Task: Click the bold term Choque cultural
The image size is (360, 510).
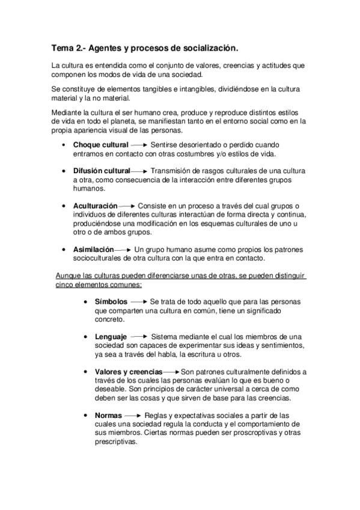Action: point(100,145)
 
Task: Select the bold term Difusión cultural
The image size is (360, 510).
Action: point(102,171)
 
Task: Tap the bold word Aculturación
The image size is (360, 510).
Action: point(95,206)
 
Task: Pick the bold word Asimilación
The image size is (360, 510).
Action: point(93,249)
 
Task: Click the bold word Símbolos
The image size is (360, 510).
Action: point(111,301)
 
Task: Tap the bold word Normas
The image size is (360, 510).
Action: point(108,416)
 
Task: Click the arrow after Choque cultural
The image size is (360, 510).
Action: point(139,145)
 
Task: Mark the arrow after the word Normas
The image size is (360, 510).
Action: point(133,416)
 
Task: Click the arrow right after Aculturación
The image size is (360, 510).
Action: point(127,206)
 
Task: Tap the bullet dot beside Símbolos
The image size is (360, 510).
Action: point(87,302)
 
